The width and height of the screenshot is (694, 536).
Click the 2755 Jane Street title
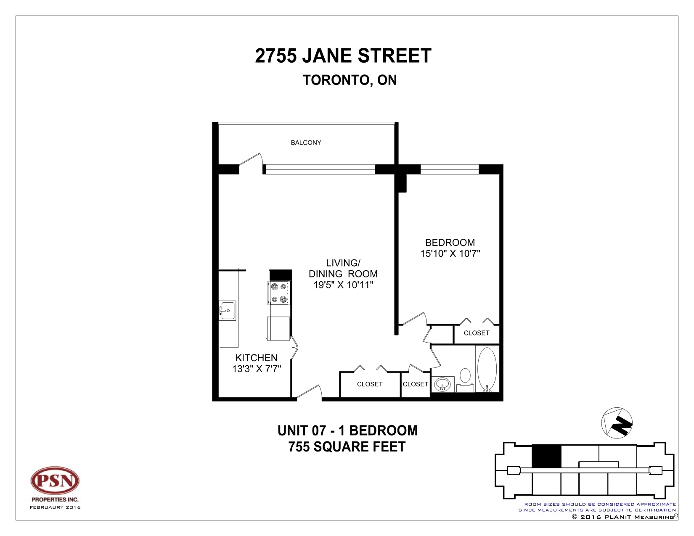pyautogui.click(x=343, y=56)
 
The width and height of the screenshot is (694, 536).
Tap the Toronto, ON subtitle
pyautogui.click(x=350, y=80)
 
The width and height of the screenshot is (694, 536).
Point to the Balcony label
pyautogui.click(x=306, y=143)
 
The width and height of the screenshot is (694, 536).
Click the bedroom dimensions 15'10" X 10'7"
pyautogui.click(x=450, y=253)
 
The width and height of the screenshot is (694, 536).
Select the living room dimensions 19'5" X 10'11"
pyautogui.click(x=343, y=285)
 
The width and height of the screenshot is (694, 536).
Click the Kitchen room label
pyautogui.click(x=256, y=358)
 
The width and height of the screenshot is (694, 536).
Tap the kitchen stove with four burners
pyautogui.click(x=279, y=293)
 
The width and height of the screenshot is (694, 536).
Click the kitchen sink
pyautogui.click(x=227, y=311)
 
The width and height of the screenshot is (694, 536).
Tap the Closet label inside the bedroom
pyautogui.click(x=476, y=333)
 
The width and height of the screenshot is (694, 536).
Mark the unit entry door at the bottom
pyautogui.click(x=310, y=393)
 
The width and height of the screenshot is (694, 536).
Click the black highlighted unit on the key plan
pyautogui.click(x=546, y=456)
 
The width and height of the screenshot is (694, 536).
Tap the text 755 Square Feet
pyautogui.click(x=347, y=446)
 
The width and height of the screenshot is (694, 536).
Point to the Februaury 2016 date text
pyautogui.click(x=55, y=507)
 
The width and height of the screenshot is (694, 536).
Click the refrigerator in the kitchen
pyautogui.click(x=278, y=329)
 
